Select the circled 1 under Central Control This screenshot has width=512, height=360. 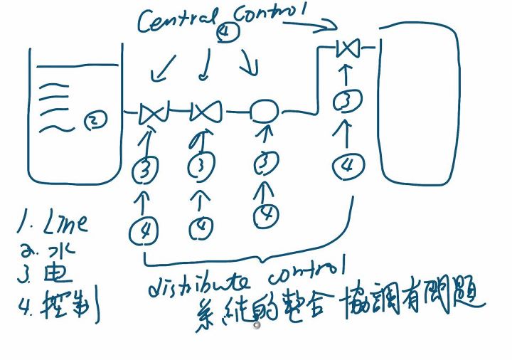pyautogui.click(x=225, y=31)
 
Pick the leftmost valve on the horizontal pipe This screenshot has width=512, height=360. pyautogui.click(x=152, y=112)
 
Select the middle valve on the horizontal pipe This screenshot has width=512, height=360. pyautogui.click(x=206, y=111)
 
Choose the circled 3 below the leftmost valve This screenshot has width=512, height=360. pyautogui.click(x=145, y=169)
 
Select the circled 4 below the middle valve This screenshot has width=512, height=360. pyautogui.click(x=201, y=227)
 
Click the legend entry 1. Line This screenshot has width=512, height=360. pyautogui.click(x=53, y=225)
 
